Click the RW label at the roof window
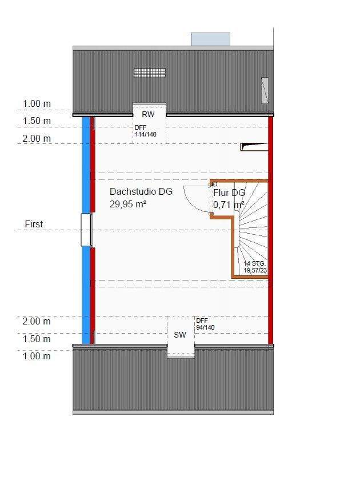(x=148, y=114)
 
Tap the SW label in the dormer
(x=180, y=335)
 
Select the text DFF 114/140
(x=145, y=131)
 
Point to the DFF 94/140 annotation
(x=205, y=324)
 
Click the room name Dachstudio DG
(x=141, y=192)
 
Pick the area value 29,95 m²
(x=128, y=203)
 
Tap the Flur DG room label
(x=229, y=193)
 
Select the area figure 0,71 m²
(x=229, y=203)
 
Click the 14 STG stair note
(x=254, y=263)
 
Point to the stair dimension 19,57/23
(x=255, y=270)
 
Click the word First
(x=34, y=225)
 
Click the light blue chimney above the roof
(x=210, y=39)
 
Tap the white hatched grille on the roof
(x=150, y=73)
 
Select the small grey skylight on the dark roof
(x=265, y=90)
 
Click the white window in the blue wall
(x=86, y=230)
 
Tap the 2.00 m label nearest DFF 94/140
(x=37, y=322)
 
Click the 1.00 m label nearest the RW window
(x=37, y=104)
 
